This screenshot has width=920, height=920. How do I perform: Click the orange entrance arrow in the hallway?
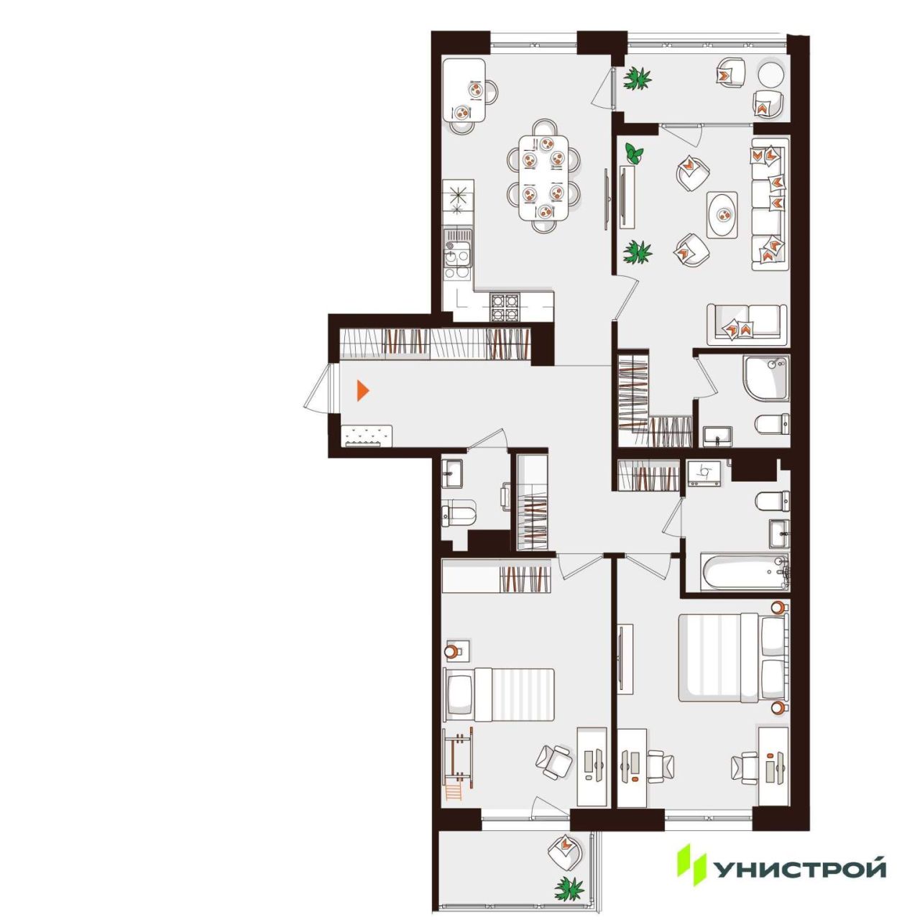362,390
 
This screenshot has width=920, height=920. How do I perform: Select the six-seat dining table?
544,178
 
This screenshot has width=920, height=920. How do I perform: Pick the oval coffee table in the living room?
722,216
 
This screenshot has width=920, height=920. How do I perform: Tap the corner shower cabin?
765,377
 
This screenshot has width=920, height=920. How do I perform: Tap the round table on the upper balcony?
770,75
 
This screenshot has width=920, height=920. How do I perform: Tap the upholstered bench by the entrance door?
367,436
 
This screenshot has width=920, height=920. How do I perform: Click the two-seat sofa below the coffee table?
747,324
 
